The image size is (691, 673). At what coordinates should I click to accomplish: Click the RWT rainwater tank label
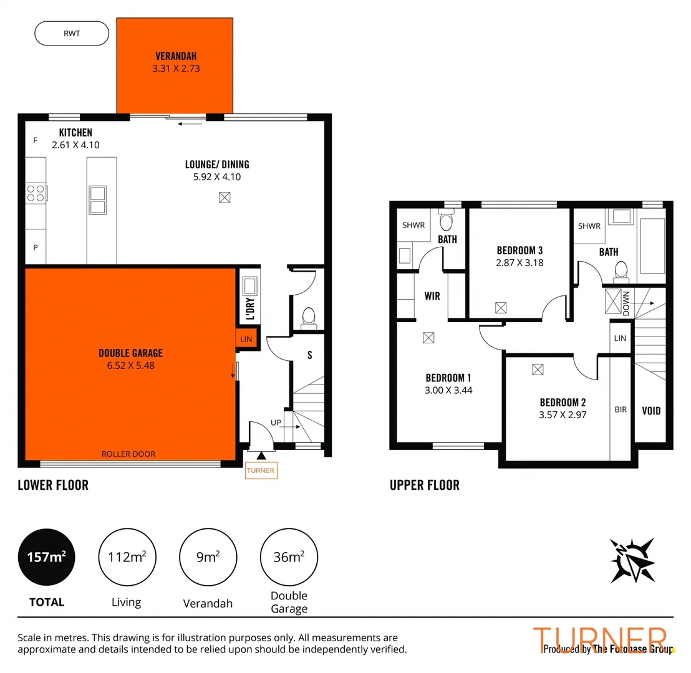click(72, 33)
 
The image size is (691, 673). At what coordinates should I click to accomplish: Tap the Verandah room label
click(175, 55)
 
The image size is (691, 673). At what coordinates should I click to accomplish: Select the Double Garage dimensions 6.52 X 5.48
click(130, 366)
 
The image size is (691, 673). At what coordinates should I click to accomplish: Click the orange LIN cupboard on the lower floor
click(244, 338)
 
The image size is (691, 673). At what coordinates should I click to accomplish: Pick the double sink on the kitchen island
click(98, 199)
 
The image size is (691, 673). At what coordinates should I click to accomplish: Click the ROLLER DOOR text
click(128, 454)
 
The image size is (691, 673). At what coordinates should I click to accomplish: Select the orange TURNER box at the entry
click(261, 470)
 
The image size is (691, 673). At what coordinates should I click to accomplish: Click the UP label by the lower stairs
click(276, 422)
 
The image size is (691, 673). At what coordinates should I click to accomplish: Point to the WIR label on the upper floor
click(432, 296)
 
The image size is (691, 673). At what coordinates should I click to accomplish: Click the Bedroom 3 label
click(519, 251)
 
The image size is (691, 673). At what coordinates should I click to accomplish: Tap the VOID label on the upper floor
click(651, 411)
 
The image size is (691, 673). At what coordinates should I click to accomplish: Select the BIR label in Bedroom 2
click(621, 409)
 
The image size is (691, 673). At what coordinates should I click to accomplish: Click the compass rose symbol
click(633, 560)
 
